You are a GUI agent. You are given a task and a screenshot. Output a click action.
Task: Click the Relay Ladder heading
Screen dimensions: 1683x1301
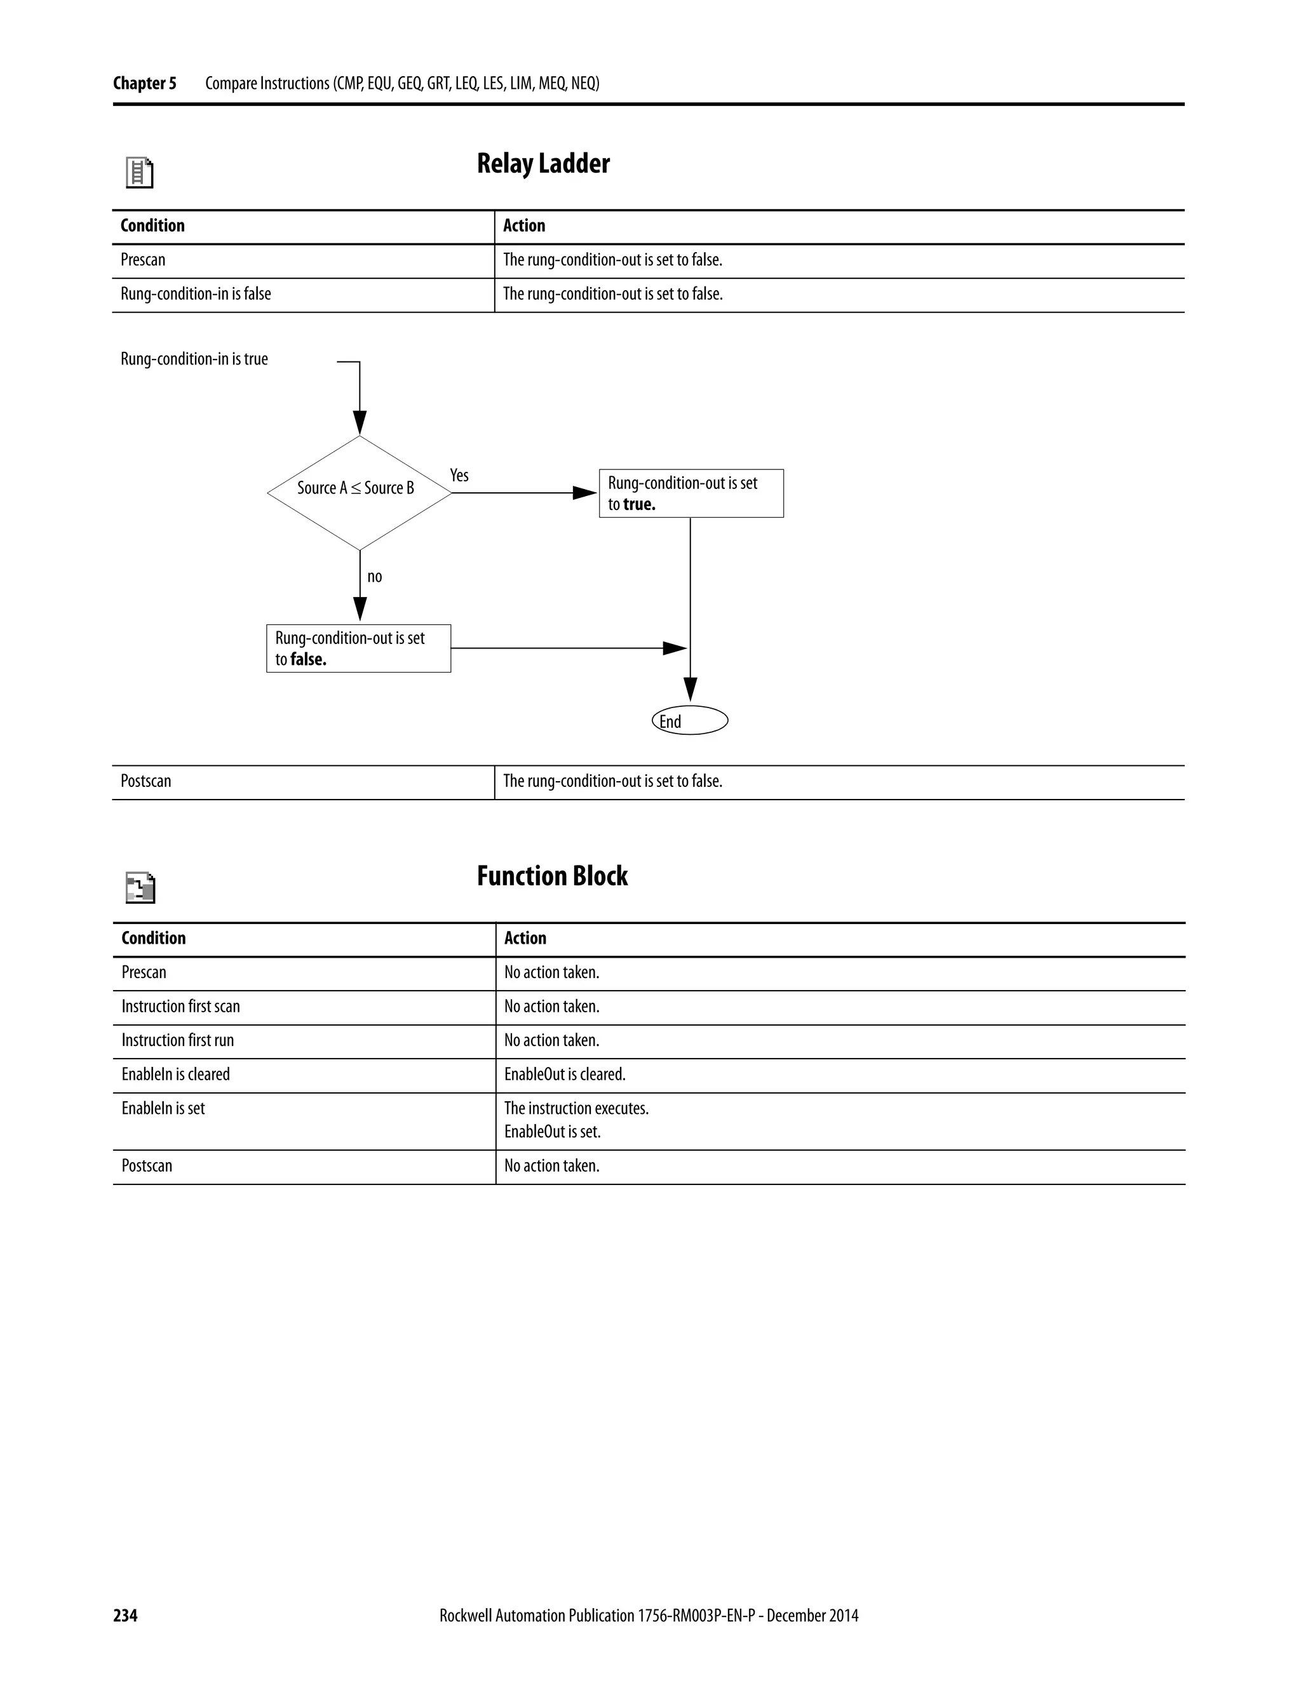(543, 164)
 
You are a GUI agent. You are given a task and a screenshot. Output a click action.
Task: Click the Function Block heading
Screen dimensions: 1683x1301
(552, 876)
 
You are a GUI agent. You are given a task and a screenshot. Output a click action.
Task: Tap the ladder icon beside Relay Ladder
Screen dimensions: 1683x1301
(140, 173)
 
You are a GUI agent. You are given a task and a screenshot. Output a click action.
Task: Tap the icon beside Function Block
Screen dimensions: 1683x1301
(140, 888)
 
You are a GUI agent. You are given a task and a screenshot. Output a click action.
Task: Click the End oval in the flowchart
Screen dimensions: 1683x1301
(689, 721)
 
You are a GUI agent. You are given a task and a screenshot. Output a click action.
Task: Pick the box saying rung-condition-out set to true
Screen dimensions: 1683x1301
(691, 493)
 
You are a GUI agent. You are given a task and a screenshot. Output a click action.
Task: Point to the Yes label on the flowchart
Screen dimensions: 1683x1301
(459, 476)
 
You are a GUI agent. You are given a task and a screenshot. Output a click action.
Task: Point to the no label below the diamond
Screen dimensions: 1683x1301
(375, 577)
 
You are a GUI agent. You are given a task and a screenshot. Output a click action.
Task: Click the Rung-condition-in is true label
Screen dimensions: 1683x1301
(194, 359)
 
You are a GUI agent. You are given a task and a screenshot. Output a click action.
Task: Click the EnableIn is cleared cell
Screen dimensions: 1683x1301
(176, 1074)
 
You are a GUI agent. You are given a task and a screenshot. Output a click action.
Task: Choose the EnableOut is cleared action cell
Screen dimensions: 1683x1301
(564, 1074)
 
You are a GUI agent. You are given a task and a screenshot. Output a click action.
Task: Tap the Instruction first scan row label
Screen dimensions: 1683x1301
(180, 1007)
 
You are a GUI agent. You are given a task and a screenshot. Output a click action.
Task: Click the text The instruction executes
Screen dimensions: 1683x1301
(576, 1108)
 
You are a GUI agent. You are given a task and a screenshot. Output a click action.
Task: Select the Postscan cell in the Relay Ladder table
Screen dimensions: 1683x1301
(145, 781)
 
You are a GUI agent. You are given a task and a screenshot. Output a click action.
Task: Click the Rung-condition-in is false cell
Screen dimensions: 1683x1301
(196, 295)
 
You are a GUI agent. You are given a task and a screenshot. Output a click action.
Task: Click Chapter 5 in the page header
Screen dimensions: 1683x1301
(144, 83)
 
